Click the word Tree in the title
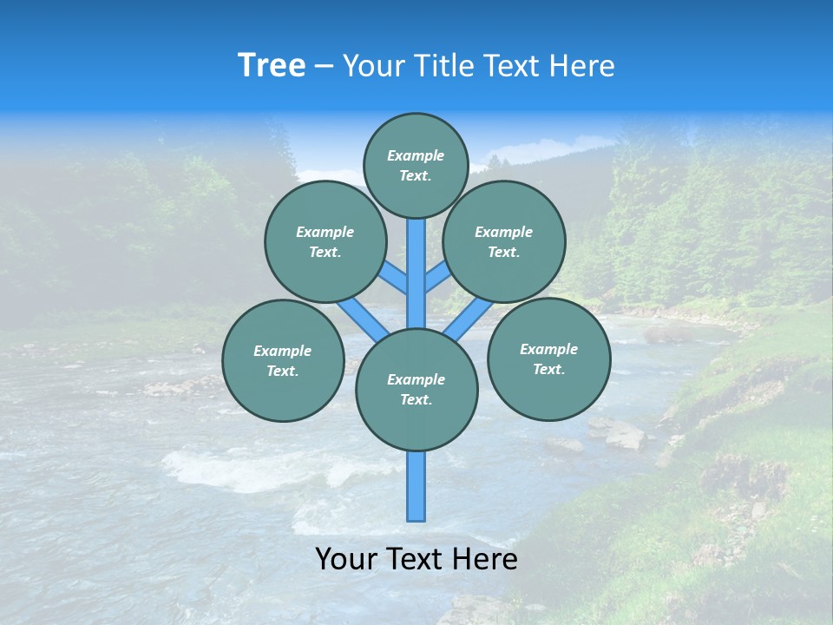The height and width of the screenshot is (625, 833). pyautogui.click(x=272, y=66)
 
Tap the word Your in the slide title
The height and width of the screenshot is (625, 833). pyautogui.click(x=373, y=66)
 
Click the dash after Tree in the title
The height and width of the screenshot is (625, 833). pyautogui.click(x=324, y=67)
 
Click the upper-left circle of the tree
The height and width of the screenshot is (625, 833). pyautogui.click(x=325, y=241)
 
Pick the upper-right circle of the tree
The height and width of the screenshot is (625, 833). pyautogui.click(x=503, y=241)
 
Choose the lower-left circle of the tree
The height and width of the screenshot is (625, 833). pyautogui.click(x=282, y=360)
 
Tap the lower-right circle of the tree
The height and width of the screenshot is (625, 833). pyautogui.click(x=548, y=359)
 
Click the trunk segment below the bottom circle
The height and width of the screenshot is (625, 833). pyautogui.click(x=416, y=486)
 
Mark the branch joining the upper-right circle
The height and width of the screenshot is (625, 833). pyautogui.click(x=436, y=279)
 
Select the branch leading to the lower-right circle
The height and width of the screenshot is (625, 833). pyautogui.click(x=469, y=319)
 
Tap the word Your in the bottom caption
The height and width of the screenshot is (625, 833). pyautogui.click(x=347, y=559)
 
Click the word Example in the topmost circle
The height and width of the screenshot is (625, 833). pyautogui.click(x=416, y=156)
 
